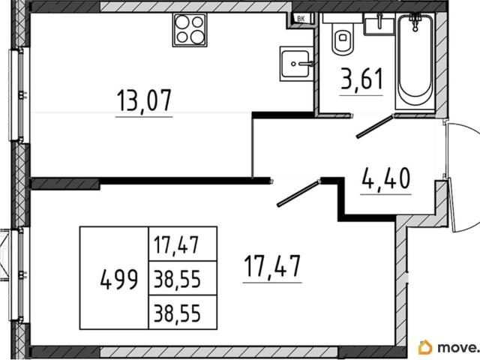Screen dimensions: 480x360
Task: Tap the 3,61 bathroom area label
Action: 361,79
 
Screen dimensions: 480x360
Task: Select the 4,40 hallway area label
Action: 385,178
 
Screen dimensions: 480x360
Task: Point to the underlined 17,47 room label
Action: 272,267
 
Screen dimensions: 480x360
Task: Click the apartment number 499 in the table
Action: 119,280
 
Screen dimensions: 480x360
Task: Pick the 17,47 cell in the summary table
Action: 177,244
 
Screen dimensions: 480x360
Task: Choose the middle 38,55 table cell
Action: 177,278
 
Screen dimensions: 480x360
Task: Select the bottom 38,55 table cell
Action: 177,313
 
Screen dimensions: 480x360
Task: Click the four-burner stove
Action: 190,30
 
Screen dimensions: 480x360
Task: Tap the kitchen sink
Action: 296,64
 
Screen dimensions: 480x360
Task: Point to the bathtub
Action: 415,61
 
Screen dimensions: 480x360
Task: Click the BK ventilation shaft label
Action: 301,19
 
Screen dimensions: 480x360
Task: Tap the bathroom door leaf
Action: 375,127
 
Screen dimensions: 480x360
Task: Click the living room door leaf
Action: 298,193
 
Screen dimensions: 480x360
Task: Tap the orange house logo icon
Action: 425,347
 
